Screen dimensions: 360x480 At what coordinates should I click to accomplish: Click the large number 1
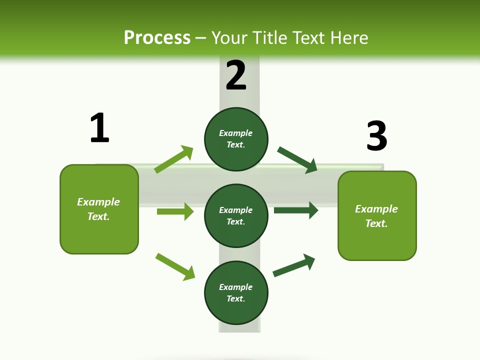tap(99, 128)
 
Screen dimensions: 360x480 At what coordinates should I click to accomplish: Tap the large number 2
tap(236, 75)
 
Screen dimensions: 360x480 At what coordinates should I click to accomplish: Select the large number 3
tap(376, 136)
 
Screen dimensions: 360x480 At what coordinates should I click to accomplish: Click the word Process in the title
tap(157, 37)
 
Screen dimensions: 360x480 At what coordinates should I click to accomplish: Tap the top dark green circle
tap(236, 139)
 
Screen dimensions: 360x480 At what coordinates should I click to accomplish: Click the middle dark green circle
tap(236, 215)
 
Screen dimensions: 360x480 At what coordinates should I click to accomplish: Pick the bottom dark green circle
tap(236, 292)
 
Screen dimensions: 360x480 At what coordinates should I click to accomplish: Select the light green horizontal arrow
tap(175, 211)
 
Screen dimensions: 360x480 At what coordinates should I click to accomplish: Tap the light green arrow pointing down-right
tap(175, 266)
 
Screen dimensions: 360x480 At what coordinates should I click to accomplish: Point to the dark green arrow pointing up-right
tap(294, 265)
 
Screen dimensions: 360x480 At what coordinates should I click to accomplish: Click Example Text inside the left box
tap(98, 209)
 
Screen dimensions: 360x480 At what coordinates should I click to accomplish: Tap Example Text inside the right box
tap(376, 216)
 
